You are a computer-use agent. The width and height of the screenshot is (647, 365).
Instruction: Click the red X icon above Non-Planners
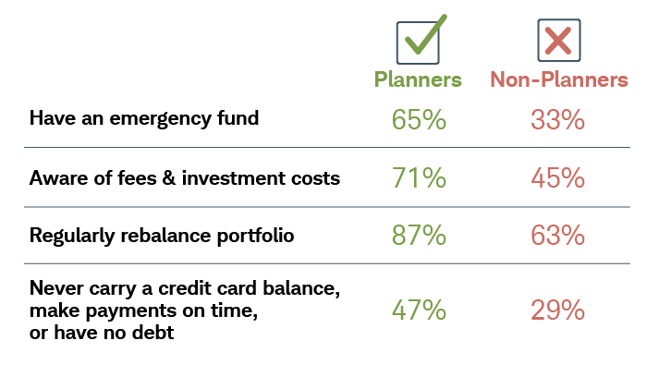558,41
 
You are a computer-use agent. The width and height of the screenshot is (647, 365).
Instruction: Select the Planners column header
418,79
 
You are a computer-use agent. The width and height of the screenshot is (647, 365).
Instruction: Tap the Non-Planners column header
558,79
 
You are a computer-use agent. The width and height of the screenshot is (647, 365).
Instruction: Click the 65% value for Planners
418,119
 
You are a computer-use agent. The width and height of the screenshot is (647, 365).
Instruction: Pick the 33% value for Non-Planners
558,119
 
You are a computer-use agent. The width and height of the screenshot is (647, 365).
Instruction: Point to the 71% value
418,177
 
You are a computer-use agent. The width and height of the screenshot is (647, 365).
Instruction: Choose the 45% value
558,177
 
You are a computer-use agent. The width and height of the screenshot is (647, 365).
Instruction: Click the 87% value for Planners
418,236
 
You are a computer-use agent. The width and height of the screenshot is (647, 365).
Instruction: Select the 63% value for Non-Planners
558,236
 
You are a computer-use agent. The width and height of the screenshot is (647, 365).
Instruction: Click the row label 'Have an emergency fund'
144,118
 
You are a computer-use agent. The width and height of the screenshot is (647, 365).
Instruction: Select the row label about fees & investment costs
185,177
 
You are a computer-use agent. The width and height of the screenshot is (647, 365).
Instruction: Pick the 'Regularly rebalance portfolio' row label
162,236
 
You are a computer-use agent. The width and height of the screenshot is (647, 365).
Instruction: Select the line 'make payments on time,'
142,310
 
